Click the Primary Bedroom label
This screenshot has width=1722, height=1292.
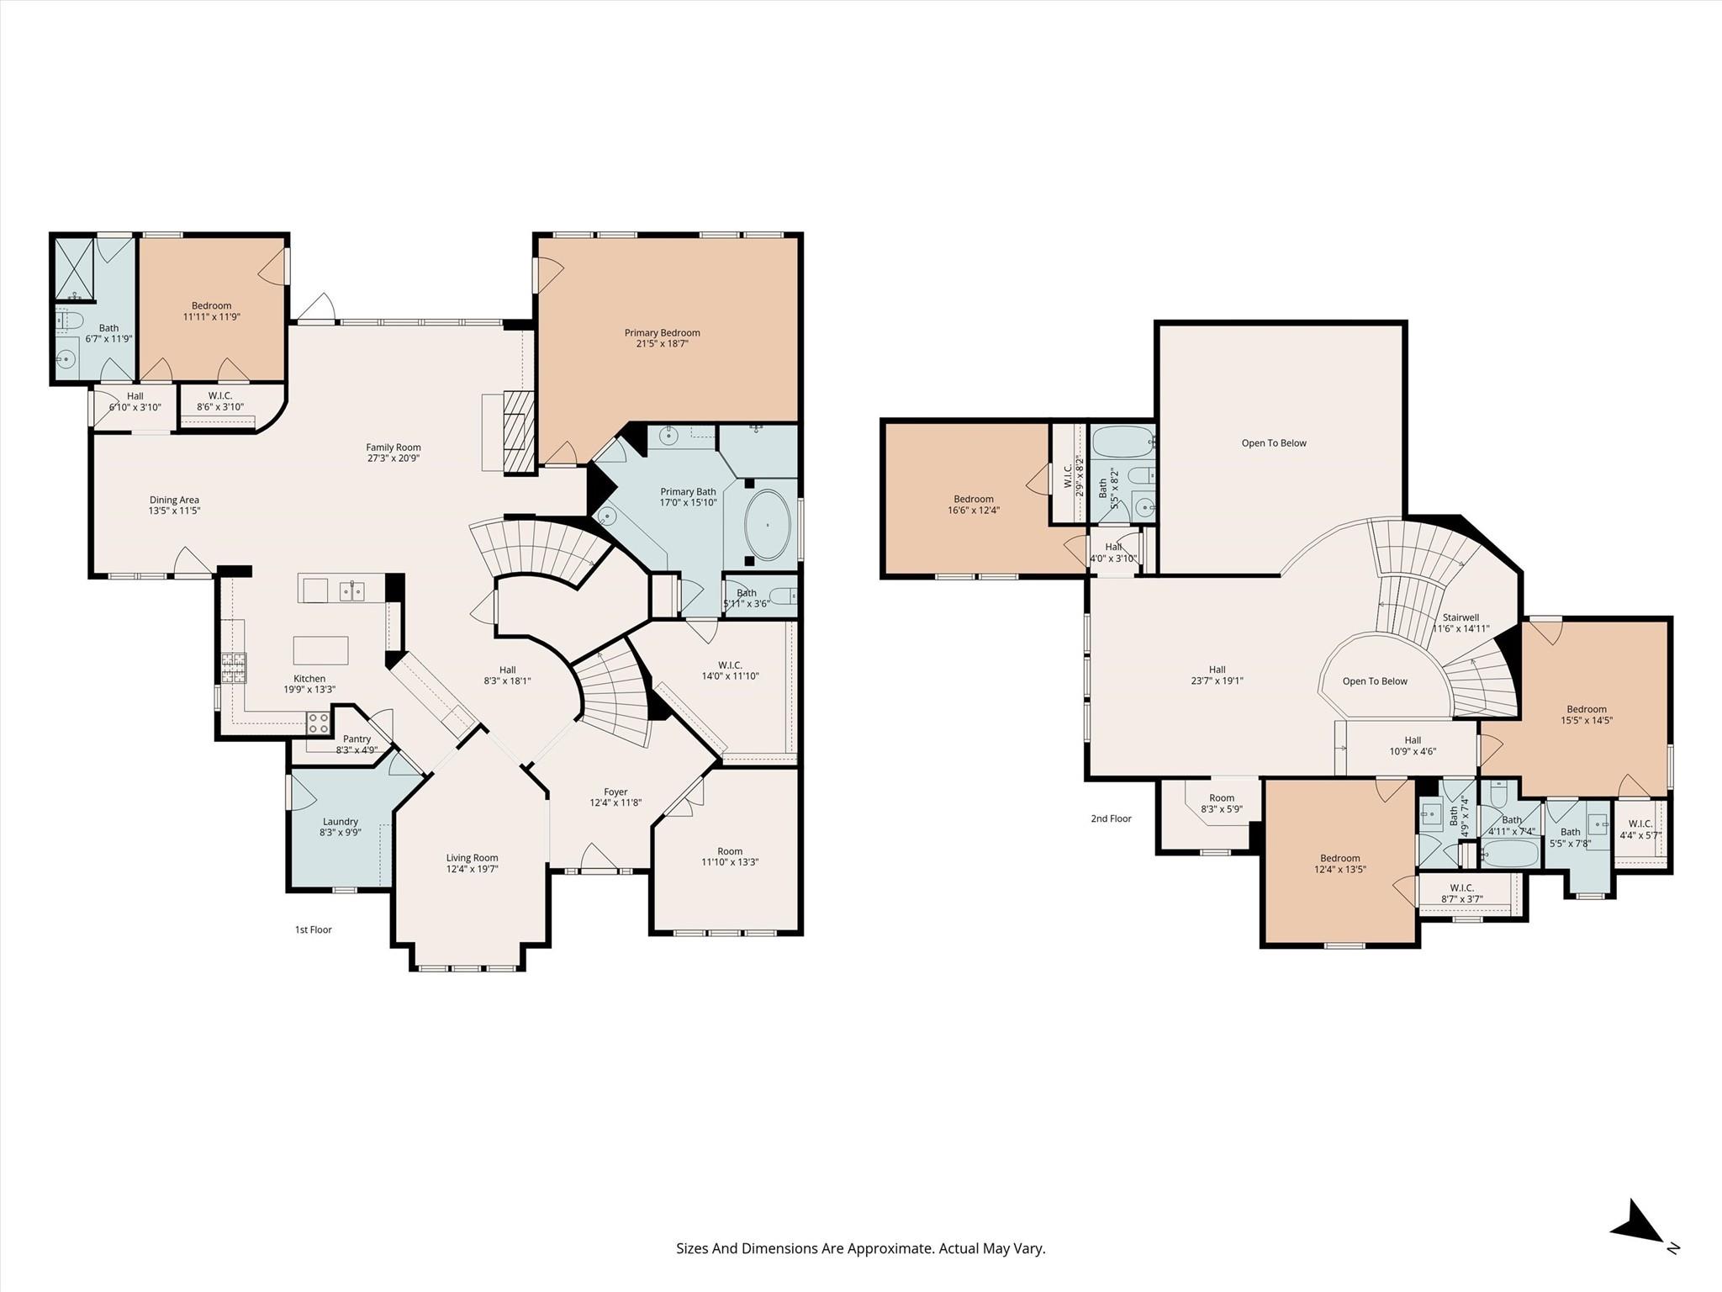pyautogui.click(x=662, y=333)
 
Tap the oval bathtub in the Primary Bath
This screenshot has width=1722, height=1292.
pyautogui.click(x=767, y=525)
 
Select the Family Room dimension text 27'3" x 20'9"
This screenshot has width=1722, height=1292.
pyautogui.click(x=393, y=458)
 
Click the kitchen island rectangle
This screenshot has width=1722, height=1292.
pyautogui.click(x=320, y=650)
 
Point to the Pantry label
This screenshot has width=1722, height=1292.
pyautogui.click(x=357, y=739)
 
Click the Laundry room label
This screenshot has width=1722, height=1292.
pyautogui.click(x=340, y=822)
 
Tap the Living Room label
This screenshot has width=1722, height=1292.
pyautogui.click(x=472, y=858)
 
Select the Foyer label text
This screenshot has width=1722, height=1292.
pyautogui.click(x=615, y=792)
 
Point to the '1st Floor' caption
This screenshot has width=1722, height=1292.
pyautogui.click(x=313, y=929)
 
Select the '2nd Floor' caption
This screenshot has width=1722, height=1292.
pyautogui.click(x=1111, y=818)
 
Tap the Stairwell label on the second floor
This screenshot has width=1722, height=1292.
pyautogui.click(x=1461, y=617)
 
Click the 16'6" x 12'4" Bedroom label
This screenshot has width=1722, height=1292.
pyautogui.click(x=973, y=499)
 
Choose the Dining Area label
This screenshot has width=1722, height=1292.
pyautogui.click(x=174, y=500)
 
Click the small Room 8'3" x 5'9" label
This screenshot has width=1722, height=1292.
pyautogui.click(x=1221, y=798)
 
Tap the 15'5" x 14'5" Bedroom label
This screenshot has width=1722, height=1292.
pyautogui.click(x=1586, y=709)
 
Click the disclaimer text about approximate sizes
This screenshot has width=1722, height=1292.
pyautogui.click(x=860, y=1248)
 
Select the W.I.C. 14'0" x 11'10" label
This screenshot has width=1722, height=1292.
pyautogui.click(x=730, y=665)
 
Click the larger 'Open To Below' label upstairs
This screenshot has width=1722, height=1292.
pyautogui.click(x=1273, y=443)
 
